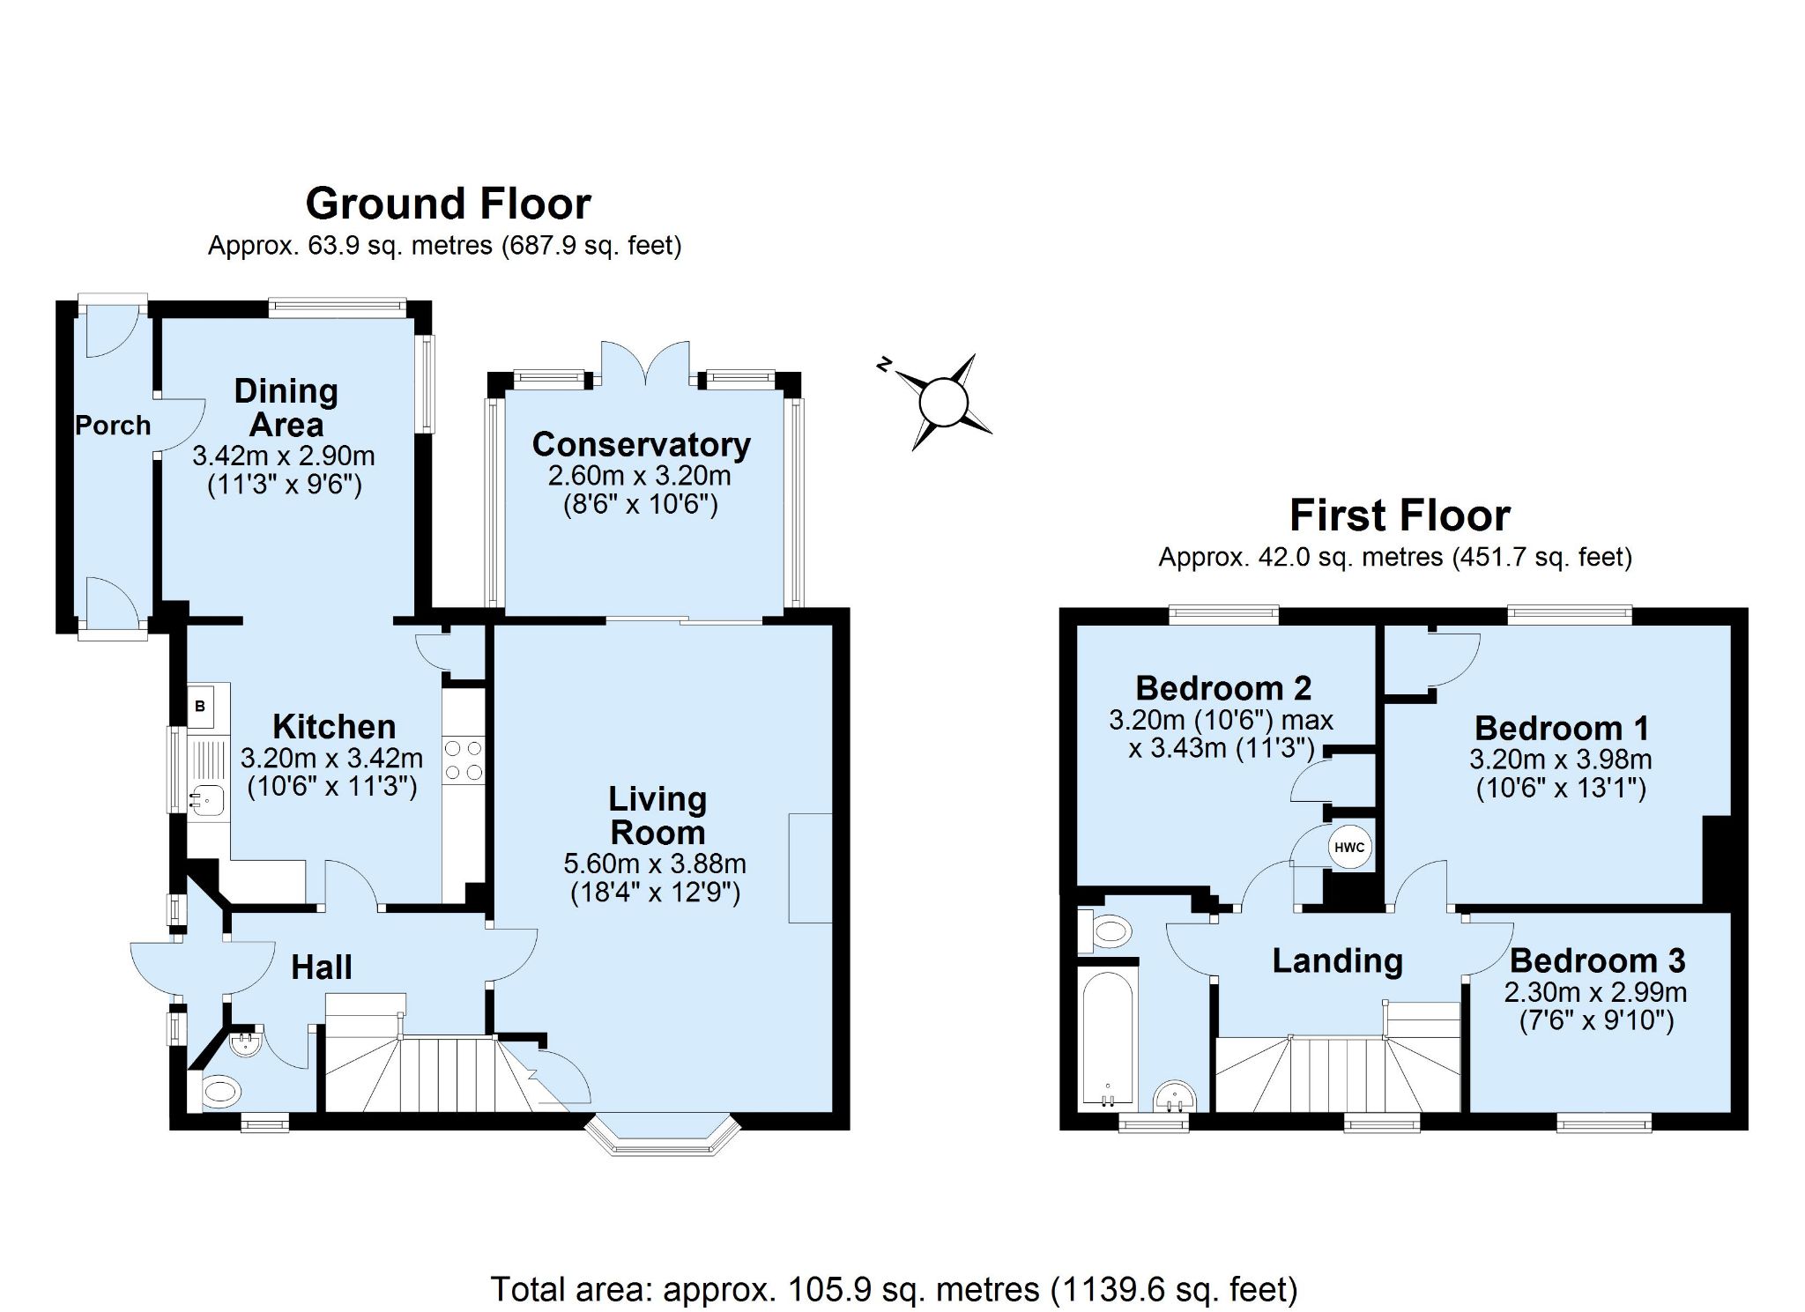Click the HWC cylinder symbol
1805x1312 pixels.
coord(1349,848)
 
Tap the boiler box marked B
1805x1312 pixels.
coord(200,706)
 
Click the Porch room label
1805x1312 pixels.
coord(113,426)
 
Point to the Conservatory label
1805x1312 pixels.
coord(642,444)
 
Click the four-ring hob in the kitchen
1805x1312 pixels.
coord(464,760)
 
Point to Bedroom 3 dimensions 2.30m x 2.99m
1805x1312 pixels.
coord(1595,992)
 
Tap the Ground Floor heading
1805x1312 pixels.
coord(449,204)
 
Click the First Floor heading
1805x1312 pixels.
coord(1400,515)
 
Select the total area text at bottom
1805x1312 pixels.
coord(894,1289)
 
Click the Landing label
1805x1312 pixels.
coord(1337,961)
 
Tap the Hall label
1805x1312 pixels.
coord(322,967)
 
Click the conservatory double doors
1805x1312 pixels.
coord(644,363)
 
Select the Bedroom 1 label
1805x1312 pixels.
coord(1561,729)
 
